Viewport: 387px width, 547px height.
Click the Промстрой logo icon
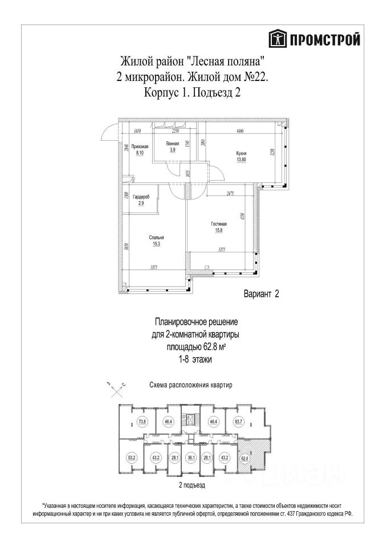point(278,39)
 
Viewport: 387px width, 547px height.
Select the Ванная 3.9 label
point(173,147)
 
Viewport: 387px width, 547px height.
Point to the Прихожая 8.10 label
point(140,150)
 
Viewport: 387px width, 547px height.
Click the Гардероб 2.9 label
point(140,199)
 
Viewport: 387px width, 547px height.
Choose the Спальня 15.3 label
point(157,240)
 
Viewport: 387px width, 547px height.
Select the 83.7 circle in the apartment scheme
point(239,422)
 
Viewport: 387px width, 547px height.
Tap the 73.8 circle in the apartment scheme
point(142,422)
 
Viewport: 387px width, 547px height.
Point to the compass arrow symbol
point(116,389)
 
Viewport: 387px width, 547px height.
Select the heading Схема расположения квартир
point(190,386)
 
